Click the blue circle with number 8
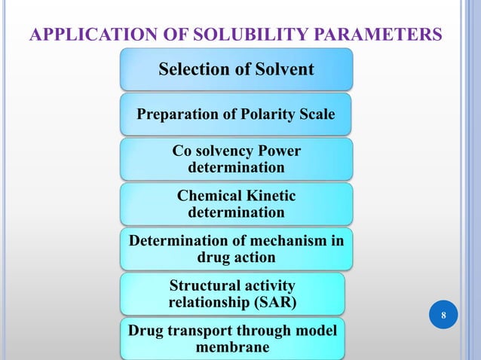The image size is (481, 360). pyautogui.click(x=443, y=314)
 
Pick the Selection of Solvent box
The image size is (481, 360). pyautogui.click(x=236, y=69)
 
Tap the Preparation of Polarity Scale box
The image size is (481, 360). pyautogui.click(x=236, y=114)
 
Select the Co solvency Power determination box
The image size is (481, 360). pyautogui.click(x=236, y=159)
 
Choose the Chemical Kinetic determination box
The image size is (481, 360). pyautogui.click(x=236, y=204)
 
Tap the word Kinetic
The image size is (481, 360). pyautogui.click(x=270, y=196)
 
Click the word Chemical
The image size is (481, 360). pyautogui.click(x=207, y=196)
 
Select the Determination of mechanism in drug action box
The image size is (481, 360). pyautogui.click(x=236, y=249)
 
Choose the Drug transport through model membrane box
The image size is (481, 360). pyautogui.click(x=232, y=339)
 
